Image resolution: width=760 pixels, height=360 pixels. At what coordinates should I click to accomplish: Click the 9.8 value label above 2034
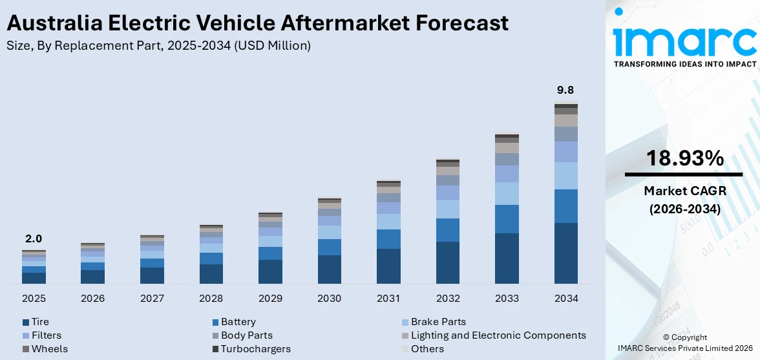565,90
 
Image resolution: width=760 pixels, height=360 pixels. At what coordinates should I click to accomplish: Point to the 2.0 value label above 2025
33,238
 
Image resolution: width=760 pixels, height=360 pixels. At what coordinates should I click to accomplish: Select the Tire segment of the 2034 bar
565,253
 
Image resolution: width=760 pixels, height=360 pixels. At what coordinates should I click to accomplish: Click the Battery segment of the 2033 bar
507,219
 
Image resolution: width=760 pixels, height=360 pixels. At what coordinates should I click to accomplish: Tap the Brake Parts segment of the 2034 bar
565,175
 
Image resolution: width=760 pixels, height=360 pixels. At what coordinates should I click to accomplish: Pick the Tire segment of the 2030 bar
329,269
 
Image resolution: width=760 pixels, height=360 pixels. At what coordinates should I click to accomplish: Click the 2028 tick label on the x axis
211,299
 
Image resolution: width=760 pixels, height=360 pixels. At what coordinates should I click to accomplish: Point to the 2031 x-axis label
388,299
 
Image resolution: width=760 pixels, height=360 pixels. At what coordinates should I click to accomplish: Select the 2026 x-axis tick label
92,299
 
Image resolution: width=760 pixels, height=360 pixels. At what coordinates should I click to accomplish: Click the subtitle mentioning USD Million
158,46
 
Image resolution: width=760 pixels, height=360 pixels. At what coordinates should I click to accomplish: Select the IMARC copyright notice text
684,343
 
